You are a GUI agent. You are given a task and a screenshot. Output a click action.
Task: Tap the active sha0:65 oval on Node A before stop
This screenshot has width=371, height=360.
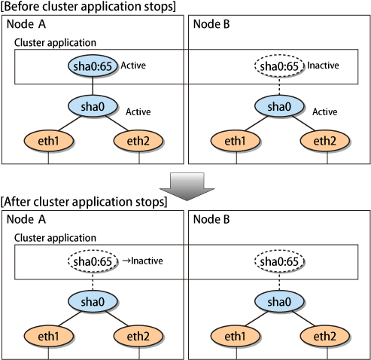[93, 66]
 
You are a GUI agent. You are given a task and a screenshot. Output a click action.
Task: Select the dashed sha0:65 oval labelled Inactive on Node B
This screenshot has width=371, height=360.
[279, 66]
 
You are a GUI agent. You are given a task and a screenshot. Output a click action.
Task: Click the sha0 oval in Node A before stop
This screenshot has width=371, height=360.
[93, 106]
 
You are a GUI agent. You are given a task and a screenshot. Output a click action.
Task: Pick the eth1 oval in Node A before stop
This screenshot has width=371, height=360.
[48, 141]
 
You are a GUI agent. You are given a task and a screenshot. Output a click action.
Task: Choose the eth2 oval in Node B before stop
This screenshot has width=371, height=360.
[325, 141]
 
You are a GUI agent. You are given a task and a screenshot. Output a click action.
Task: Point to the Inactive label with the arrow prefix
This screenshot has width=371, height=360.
[142, 261]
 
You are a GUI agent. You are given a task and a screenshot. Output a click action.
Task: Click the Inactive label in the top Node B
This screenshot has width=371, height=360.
[323, 66]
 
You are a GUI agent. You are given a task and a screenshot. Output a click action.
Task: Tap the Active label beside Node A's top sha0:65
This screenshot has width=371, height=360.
[133, 66]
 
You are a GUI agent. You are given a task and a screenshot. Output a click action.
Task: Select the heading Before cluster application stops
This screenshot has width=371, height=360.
[88, 6]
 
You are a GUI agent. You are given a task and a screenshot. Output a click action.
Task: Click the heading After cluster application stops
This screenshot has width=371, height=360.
[84, 202]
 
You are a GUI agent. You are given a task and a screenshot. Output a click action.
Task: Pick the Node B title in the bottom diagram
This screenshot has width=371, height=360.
[211, 219]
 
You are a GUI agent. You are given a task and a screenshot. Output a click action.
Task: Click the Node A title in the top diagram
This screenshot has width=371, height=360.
[26, 24]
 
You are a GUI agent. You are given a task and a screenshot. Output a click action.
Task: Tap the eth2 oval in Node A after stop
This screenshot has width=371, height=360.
[138, 336]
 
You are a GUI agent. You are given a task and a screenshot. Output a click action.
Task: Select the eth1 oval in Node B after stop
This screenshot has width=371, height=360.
[235, 336]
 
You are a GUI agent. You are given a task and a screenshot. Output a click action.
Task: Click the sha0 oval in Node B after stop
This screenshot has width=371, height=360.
[279, 301]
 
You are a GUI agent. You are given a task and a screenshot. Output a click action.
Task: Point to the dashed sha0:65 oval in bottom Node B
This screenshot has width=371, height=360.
[279, 261]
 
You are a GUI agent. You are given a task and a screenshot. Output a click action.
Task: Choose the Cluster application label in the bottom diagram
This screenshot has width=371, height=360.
[55, 238]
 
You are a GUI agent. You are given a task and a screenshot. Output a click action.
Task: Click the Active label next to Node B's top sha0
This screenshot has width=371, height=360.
[325, 111]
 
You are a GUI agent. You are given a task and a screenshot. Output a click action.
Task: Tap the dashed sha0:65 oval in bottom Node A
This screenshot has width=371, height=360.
[93, 261]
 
